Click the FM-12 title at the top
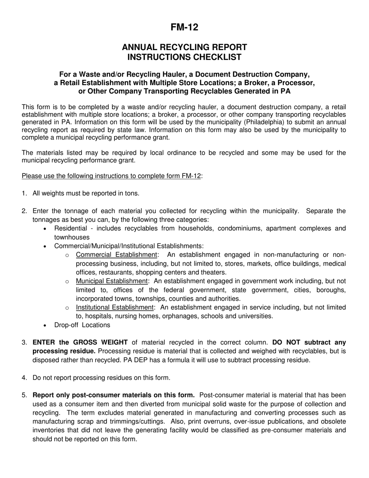point(184,27)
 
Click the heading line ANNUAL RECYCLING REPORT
point(184,47)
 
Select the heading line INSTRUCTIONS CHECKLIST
point(184,57)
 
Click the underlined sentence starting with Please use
point(111,176)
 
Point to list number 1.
point(24,193)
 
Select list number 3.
point(24,342)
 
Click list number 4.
point(24,377)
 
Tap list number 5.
point(24,395)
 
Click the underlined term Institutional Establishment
point(115,307)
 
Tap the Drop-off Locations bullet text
point(82,325)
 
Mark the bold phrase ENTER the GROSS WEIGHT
point(80,342)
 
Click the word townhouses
point(72,237)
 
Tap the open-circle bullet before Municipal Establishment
point(67,281)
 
